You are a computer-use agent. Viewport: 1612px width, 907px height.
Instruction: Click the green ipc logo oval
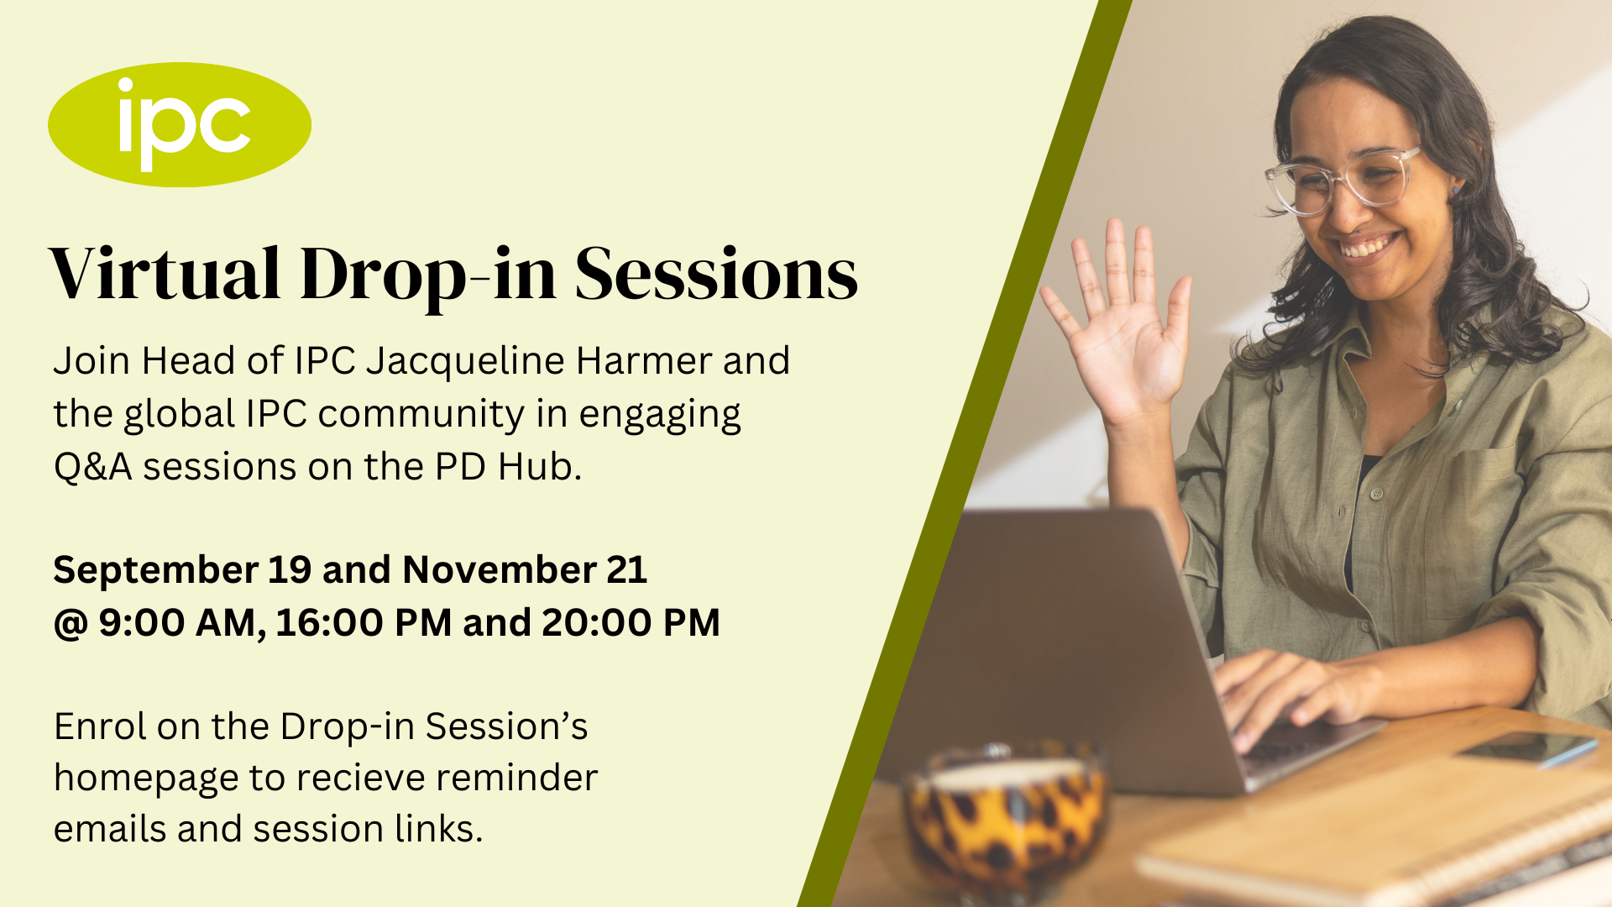point(179,124)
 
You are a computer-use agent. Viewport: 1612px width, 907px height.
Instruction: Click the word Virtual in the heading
point(165,274)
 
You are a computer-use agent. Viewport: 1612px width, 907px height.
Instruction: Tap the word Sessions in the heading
point(716,274)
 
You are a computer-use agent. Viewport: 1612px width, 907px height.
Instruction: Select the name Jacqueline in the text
point(464,362)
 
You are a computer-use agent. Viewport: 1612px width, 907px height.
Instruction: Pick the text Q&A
point(93,467)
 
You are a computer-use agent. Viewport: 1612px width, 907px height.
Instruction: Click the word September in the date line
point(155,571)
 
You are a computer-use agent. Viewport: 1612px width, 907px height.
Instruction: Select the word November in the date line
point(500,571)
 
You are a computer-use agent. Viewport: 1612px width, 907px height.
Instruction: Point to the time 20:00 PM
point(631,623)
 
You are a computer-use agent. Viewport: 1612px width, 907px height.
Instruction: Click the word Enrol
point(100,727)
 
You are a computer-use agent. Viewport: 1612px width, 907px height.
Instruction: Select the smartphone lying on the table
point(1528,747)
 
